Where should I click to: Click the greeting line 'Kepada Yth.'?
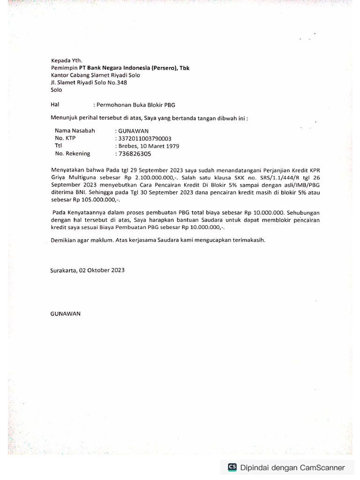pos(67,60)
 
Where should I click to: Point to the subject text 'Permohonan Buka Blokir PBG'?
pos(136,105)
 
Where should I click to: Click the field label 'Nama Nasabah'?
pos(75,131)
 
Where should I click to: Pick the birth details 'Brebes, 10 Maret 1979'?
pos(149,146)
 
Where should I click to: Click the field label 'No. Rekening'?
pos(73,154)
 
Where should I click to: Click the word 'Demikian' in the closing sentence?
pos(62,240)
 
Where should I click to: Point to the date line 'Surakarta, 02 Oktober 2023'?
pos(88,270)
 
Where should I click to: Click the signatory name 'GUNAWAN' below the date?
pos(66,314)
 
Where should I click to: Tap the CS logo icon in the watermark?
pos(232,467)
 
